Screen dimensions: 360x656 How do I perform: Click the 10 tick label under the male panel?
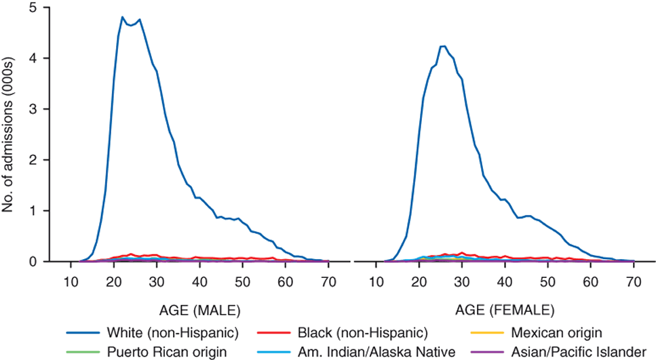pos(71,281)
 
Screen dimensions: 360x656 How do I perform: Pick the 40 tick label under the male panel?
pos(199,281)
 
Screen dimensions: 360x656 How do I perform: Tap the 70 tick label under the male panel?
pos(328,281)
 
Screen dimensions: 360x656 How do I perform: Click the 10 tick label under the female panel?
pos(377,281)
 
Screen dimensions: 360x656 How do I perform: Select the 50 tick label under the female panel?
pos(548,281)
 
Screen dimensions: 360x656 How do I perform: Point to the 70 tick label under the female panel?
pos(634,281)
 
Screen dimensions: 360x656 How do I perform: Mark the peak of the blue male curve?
pos(123,17)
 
